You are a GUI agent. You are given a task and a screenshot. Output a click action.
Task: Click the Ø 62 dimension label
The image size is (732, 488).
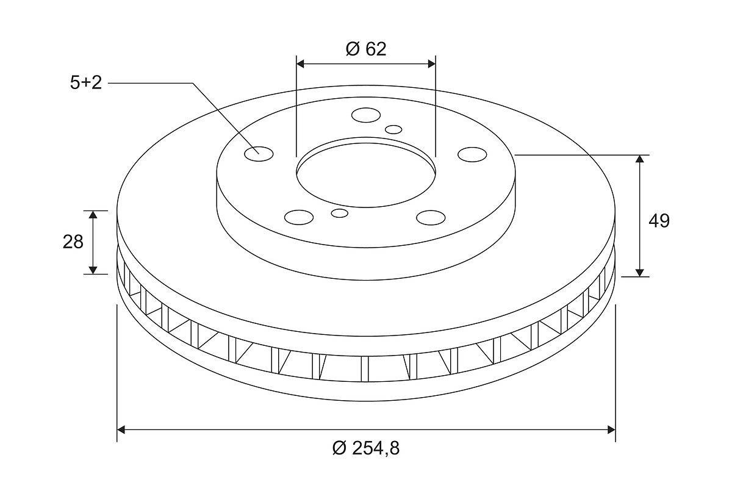[366, 49]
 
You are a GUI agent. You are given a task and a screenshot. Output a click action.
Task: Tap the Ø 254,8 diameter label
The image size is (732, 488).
[366, 448]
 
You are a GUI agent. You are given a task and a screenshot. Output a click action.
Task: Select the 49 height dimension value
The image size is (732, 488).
[659, 221]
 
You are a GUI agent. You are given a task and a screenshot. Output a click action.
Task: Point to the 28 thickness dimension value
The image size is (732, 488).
[73, 242]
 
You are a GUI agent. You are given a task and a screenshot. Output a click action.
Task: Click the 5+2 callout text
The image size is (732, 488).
[86, 82]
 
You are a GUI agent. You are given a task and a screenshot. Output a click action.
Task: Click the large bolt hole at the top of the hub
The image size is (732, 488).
[366, 115]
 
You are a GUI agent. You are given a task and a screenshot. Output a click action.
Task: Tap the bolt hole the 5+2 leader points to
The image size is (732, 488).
[259, 154]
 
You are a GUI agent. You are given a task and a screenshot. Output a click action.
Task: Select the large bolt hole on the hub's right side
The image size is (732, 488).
[472, 154]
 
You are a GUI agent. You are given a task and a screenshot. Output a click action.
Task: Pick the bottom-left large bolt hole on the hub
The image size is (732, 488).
[299, 217]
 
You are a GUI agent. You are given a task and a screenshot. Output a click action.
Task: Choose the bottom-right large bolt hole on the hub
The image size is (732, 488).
[431, 218]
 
